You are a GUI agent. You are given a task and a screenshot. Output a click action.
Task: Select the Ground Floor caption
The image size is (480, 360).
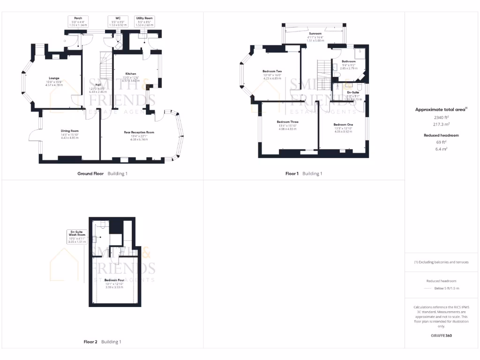point(90,173)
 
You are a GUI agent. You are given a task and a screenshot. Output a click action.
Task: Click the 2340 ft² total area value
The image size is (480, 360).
point(441,118)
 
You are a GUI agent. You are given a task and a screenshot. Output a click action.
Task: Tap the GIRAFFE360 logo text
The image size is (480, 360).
point(441,336)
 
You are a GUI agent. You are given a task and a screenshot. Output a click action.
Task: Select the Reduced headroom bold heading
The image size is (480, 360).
point(441,135)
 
